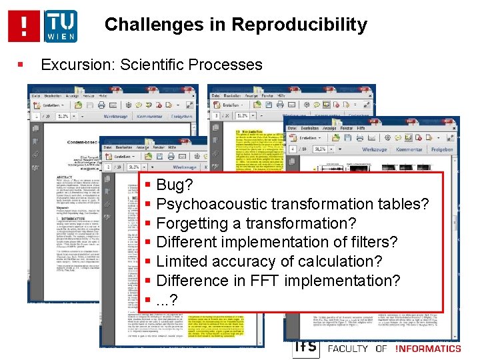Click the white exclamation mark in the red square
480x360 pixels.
pos(25,25)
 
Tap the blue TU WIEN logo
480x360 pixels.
pos(61,26)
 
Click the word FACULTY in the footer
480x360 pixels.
pos(349,348)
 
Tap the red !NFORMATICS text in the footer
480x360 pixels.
pos(427,348)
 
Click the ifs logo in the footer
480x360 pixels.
pos(305,347)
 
